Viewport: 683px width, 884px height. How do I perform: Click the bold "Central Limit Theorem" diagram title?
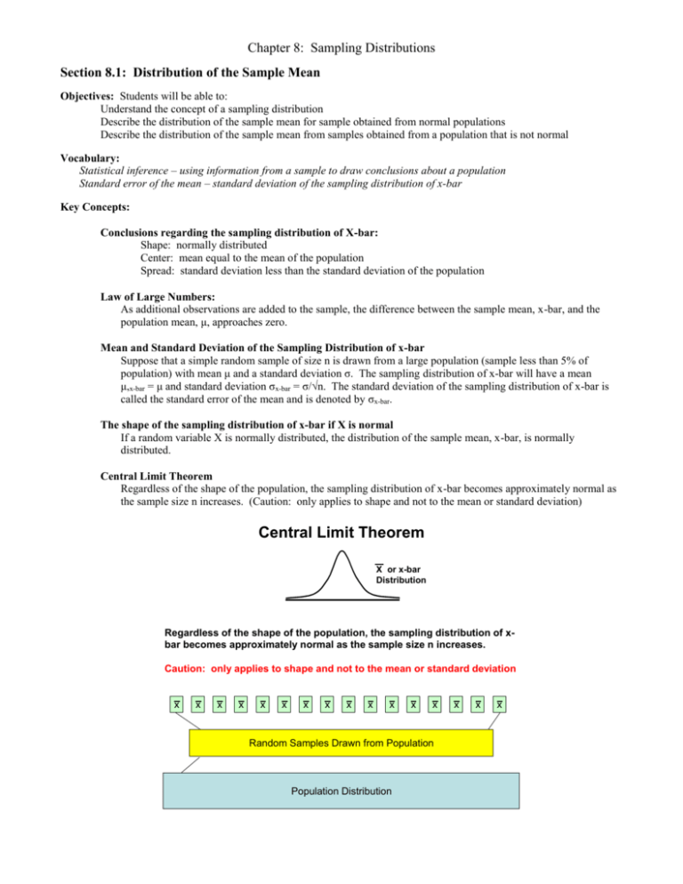click(x=341, y=534)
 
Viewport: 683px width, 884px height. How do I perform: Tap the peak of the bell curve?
click(x=341, y=554)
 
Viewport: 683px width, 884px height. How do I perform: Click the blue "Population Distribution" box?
click(x=340, y=791)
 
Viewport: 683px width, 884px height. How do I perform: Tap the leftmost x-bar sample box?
click(x=178, y=704)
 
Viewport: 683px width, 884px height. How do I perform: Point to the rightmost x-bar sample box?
click(x=501, y=704)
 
